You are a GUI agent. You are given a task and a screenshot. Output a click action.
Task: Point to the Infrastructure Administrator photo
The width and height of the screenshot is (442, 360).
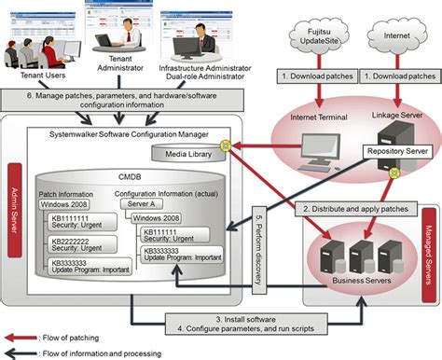pyautogui.click(x=198, y=28)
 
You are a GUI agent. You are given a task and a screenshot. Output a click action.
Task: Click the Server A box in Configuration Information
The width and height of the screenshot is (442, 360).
pyautogui.click(x=152, y=202)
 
